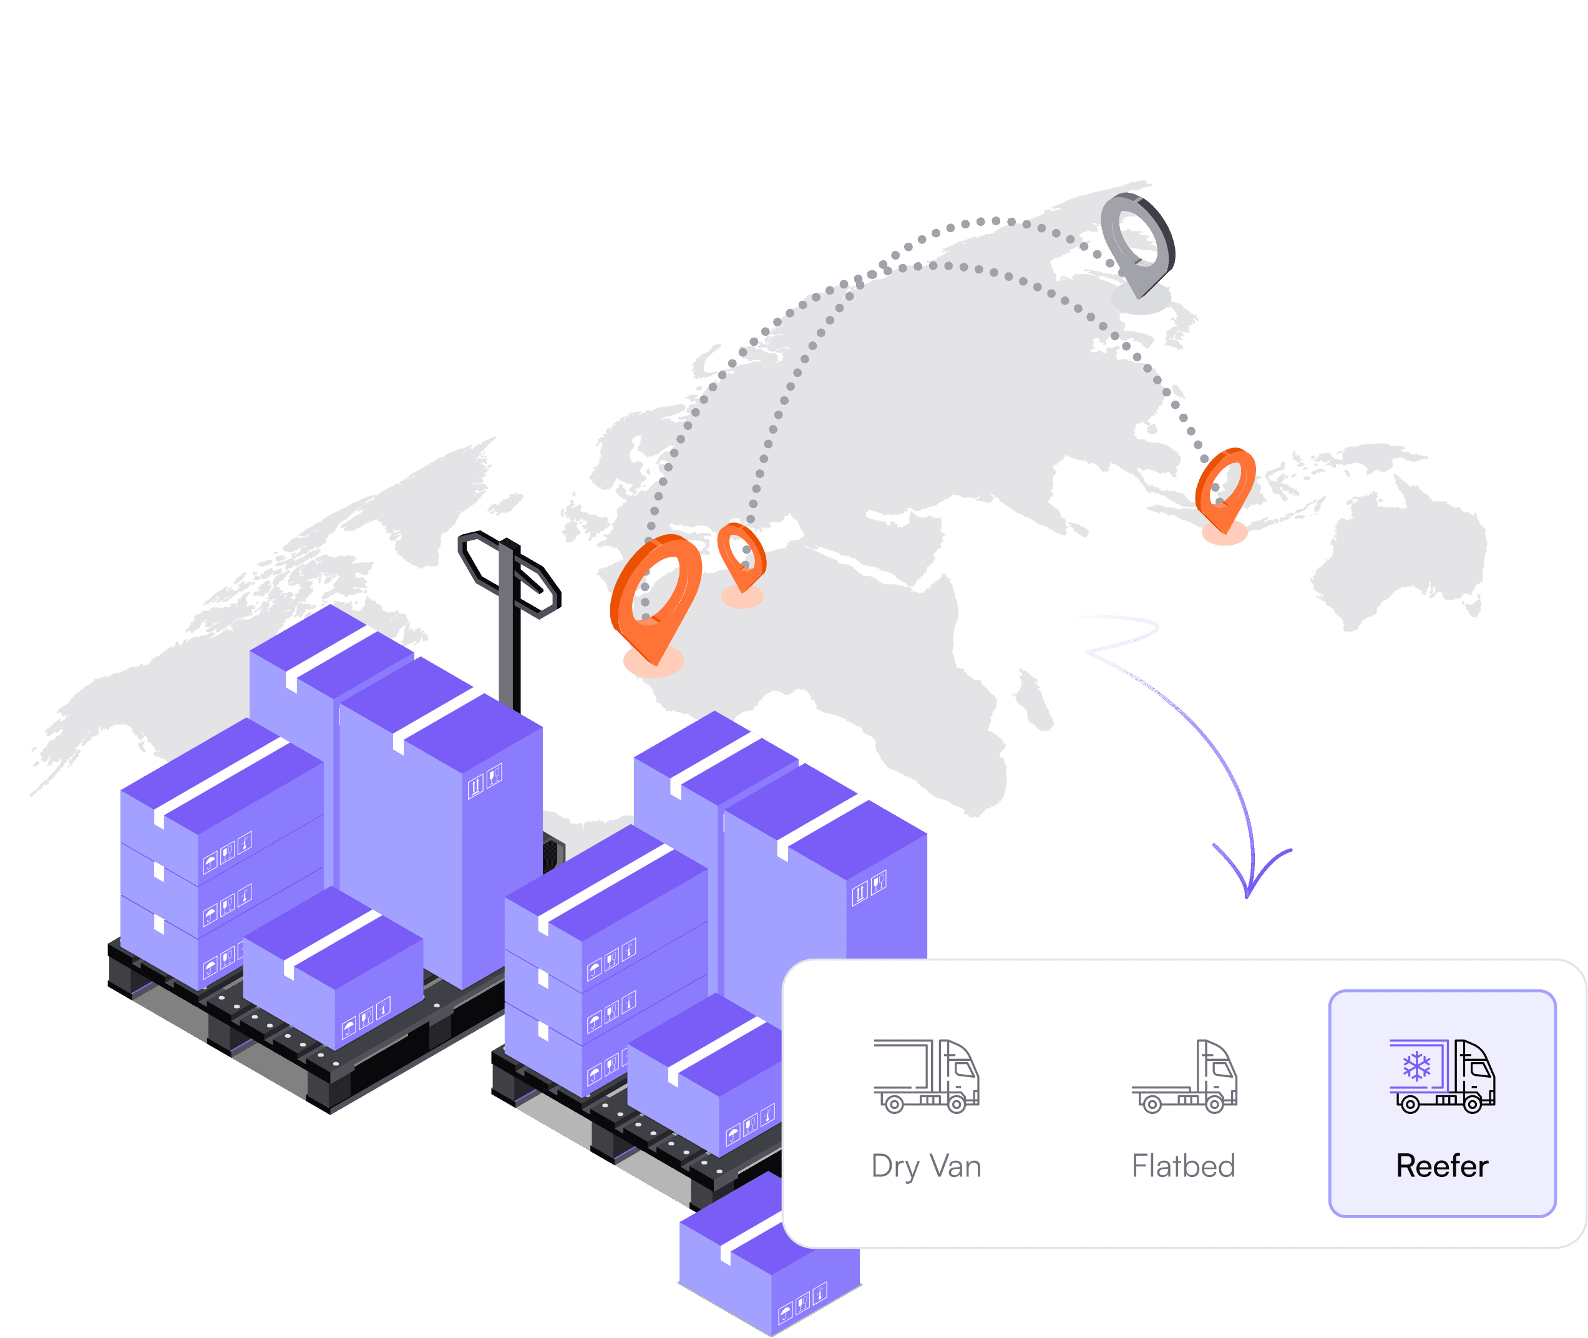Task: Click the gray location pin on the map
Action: point(1137,242)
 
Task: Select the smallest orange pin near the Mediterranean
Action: point(741,556)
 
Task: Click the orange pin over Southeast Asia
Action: point(1224,488)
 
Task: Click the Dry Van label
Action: point(926,1166)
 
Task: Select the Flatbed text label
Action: point(1183,1166)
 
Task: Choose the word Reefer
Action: point(1441,1166)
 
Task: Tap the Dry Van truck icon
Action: point(926,1075)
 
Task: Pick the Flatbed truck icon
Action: point(1184,1077)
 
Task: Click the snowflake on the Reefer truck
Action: point(1416,1066)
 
